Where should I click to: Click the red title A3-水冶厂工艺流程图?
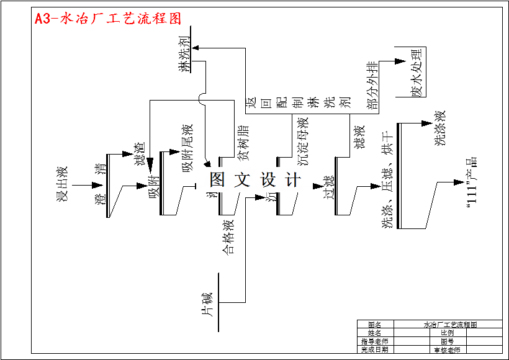tap(108, 19)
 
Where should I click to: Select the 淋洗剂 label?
tap(184, 55)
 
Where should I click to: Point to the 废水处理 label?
tap(416, 72)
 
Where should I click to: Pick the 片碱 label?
tap(208, 304)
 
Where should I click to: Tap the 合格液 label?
tap(228, 236)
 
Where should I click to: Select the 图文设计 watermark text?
tap(255, 180)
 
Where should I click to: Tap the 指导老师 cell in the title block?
tap(374, 341)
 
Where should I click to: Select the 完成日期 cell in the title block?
tap(374, 349)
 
